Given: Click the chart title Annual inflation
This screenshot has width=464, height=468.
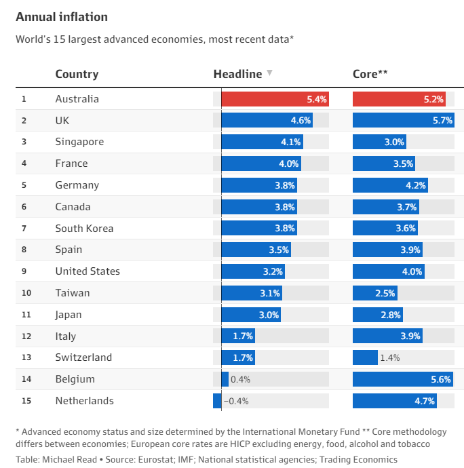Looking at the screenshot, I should pyautogui.click(x=62, y=17).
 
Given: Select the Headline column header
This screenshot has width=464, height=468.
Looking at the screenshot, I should pyautogui.click(x=237, y=75).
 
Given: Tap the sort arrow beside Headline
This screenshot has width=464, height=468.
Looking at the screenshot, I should pyautogui.click(x=269, y=73).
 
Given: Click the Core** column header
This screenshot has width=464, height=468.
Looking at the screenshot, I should pyautogui.click(x=370, y=75).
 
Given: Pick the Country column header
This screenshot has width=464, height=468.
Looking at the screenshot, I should pyautogui.click(x=77, y=75).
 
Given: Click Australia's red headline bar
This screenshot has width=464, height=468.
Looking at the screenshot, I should pyautogui.click(x=275, y=99).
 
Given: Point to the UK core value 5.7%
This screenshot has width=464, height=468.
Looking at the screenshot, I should pyautogui.click(x=442, y=121).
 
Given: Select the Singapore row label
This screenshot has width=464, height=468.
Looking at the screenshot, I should pyautogui.click(x=79, y=142).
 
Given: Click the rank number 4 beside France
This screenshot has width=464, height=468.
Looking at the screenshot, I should pyautogui.click(x=24, y=163).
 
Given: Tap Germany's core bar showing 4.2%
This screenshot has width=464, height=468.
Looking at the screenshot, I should pyautogui.click(x=390, y=185).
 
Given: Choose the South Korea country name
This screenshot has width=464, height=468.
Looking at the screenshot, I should pyautogui.click(x=84, y=229).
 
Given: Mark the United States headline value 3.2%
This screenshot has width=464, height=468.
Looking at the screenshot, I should pyautogui.click(x=273, y=271).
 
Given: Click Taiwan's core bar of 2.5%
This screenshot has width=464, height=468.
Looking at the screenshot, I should pyautogui.click(x=374, y=293).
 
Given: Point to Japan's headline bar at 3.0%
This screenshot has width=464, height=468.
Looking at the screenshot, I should pyautogui.click(x=251, y=315).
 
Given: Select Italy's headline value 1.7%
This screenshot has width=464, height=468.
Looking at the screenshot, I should pyautogui.click(x=243, y=336).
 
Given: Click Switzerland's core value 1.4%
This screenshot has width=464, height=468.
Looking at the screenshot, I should pyautogui.click(x=390, y=357).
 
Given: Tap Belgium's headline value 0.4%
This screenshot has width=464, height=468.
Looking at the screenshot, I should pyautogui.click(x=241, y=379).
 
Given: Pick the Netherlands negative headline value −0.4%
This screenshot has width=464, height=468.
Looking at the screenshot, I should pyautogui.click(x=236, y=401).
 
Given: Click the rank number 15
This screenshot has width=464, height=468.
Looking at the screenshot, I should pyautogui.click(x=26, y=401).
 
